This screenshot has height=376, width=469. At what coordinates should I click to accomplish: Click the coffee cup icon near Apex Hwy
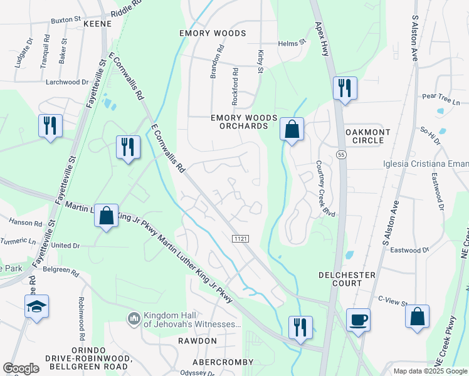(x=358, y=319)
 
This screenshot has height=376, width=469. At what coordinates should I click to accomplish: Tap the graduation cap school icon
(x=36, y=306)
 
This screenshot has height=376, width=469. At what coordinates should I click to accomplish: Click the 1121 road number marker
(x=241, y=239)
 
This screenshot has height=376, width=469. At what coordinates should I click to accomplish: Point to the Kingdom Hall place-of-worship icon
(x=134, y=320)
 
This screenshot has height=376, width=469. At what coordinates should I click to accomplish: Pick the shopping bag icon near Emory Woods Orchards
(x=292, y=129)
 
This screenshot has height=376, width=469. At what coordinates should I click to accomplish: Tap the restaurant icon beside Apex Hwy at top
(x=344, y=88)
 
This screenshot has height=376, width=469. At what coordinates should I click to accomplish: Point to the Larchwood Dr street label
(x=67, y=82)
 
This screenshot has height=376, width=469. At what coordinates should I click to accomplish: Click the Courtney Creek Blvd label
(x=326, y=189)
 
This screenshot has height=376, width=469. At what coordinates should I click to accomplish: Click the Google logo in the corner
(x=21, y=368)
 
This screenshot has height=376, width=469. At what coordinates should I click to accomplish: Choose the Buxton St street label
(x=65, y=20)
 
